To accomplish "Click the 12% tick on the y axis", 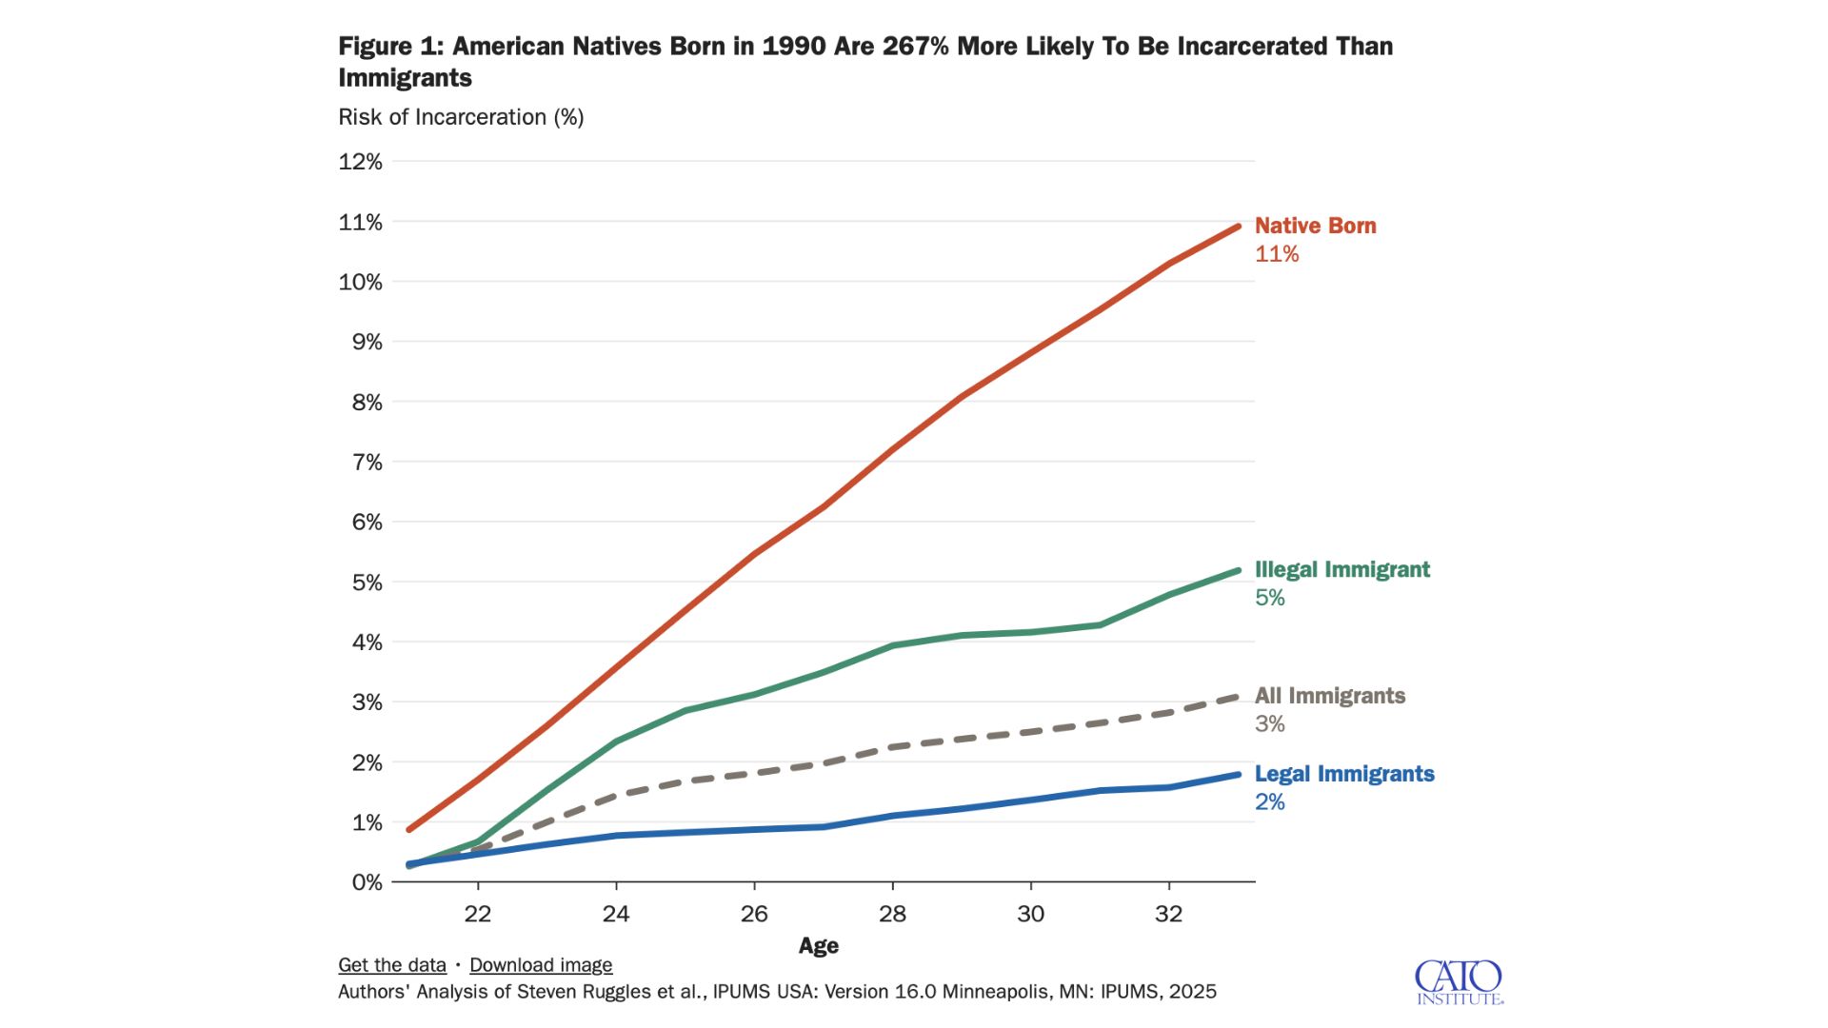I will click(360, 162).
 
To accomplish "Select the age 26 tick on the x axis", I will click(754, 914).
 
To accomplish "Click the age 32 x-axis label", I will click(1168, 914).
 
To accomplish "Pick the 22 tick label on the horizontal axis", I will click(477, 914).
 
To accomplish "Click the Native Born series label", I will click(1315, 226).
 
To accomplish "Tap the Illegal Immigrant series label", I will click(1341, 569).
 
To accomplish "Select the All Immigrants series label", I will click(1329, 696).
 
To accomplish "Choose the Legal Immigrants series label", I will click(1343, 774).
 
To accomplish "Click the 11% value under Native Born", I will click(1276, 254).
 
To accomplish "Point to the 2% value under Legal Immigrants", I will click(1269, 802).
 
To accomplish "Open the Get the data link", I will click(391, 965).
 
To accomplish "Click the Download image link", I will click(541, 965).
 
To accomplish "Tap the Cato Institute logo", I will click(1458, 982).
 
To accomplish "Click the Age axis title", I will click(818, 946).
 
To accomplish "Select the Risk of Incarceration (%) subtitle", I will click(461, 117).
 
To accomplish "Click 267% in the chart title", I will click(915, 46).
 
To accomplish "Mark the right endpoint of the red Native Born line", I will click(1238, 227).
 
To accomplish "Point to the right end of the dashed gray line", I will click(1238, 697).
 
